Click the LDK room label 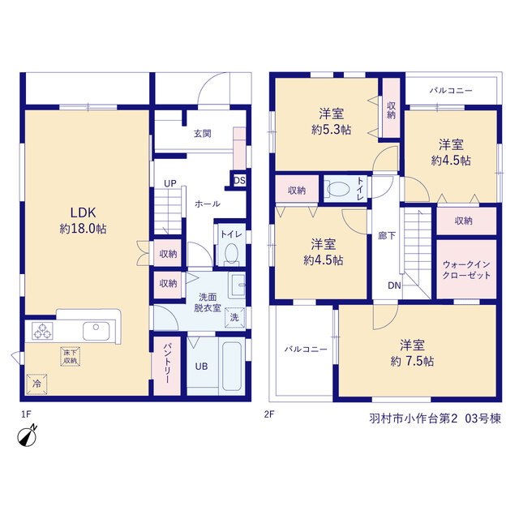[83, 212]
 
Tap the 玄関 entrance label [202, 134]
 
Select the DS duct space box [239, 181]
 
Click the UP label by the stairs [170, 183]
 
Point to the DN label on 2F [394, 285]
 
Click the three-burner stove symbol [42, 331]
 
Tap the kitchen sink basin [96, 331]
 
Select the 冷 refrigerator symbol [36, 384]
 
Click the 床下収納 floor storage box [71, 357]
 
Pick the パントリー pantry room [167, 366]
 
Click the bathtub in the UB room [232, 366]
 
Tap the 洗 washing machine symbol [234, 317]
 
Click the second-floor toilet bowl [338, 189]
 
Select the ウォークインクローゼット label [466, 270]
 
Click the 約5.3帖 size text [332, 130]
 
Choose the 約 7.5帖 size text [412, 361]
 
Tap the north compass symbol [27, 436]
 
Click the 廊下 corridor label [387, 236]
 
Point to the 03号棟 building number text [483, 418]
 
